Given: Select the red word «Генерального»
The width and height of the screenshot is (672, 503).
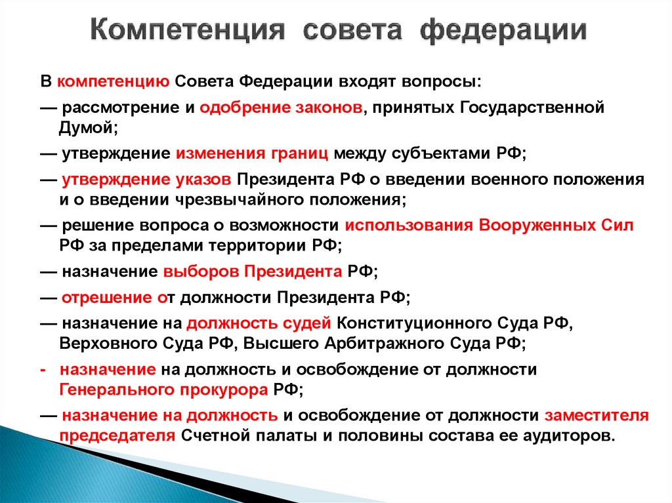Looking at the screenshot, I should [x=115, y=390].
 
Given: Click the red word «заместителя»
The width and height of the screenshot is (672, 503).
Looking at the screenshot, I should [x=597, y=414].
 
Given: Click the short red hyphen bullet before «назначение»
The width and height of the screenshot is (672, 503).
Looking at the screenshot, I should [x=42, y=370].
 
